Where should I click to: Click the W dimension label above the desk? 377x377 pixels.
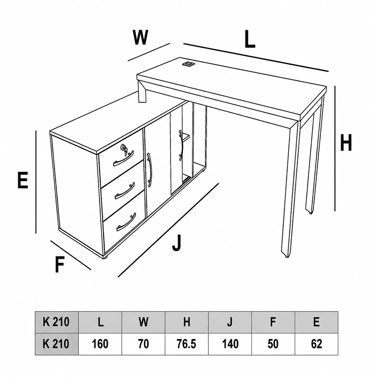click(x=140, y=37)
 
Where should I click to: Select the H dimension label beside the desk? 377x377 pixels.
click(x=346, y=143)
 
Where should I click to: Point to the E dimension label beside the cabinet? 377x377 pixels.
click(x=23, y=180)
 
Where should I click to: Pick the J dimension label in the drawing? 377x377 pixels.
click(x=177, y=243)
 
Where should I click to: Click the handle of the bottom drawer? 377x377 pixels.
click(x=126, y=222)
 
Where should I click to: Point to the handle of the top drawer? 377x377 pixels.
click(x=124, y=158)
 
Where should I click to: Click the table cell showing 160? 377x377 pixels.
click(x=100, y=344)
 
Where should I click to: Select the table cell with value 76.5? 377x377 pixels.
click(x=187, y=344)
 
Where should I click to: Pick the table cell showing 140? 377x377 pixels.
click(x=230, y=344)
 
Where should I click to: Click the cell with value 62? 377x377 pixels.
click(x=317, y=344)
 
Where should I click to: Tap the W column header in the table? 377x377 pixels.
click(x=143, y=322)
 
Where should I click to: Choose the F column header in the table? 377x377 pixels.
click(x=273, y=322)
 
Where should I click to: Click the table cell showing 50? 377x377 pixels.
click(x=273, y=344)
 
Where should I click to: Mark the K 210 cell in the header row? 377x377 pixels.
click(x=57, y=322)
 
